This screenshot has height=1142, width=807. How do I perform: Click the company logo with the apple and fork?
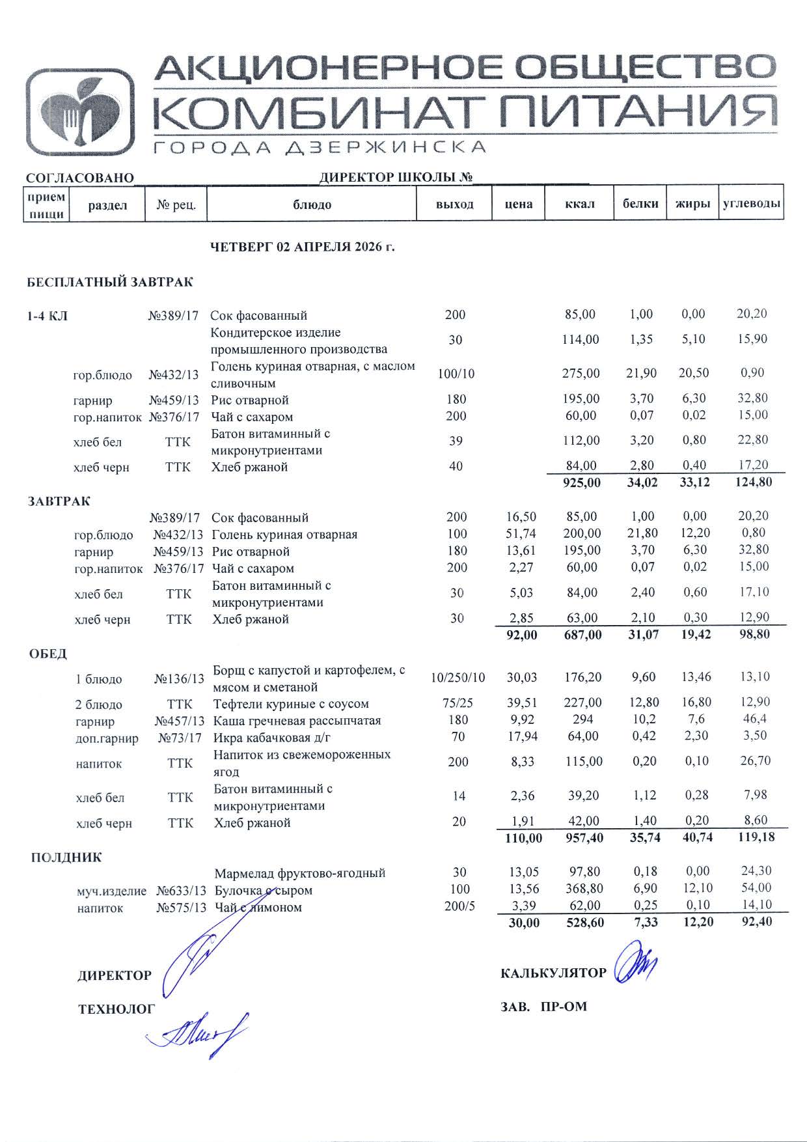click(x=79, y=111)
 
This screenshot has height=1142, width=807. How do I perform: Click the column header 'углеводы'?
click(x=752, y=204)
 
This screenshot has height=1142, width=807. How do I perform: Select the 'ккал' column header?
click(x=579, y=204)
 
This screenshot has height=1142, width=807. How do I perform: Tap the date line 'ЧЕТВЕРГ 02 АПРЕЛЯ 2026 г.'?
click(x=302, y=247)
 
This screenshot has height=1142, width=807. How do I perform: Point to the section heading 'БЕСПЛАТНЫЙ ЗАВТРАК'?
click(x=110, y=283)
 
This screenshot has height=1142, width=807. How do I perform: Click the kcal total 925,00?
click(x=581, y=482)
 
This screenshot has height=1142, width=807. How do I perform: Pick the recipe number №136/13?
click(x=180, y=679)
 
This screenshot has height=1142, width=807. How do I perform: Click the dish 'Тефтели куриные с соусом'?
click(x=291, y=704)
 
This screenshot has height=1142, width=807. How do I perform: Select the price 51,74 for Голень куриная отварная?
click(x=521, y=534)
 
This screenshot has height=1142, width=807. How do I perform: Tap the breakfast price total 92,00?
click(x=522, y=635)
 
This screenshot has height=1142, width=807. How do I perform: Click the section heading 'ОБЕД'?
click(x=48, y=654)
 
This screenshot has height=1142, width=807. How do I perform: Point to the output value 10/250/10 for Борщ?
click(x=458, y=677)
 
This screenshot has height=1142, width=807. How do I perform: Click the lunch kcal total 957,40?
click(x=584, y=838)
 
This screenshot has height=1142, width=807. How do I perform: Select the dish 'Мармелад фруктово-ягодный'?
click(x=300, y=873)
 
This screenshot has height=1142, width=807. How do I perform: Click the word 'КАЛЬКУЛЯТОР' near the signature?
click(x=553, y=973)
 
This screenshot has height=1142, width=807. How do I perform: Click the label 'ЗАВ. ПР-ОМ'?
click(x=543, y=1007)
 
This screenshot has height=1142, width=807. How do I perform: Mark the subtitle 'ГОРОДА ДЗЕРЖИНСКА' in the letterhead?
click(x=320, y=148)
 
